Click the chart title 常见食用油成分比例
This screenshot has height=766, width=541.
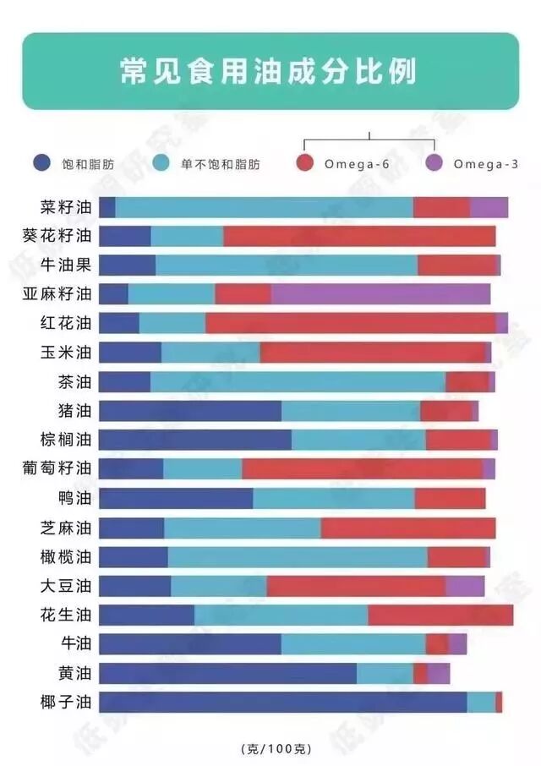[270, 71]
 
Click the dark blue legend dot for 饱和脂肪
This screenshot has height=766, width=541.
[41, 163]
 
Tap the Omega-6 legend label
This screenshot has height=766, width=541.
[356, 164]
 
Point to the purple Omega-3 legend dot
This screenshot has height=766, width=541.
[434, 163]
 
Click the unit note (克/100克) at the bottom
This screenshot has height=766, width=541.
[276, 748]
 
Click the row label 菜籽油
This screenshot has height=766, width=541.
[65, 207]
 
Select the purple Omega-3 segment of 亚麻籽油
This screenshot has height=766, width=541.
[380, 293]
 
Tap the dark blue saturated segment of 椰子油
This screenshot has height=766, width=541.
[282, 702]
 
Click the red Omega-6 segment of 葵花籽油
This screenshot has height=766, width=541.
[359, 236]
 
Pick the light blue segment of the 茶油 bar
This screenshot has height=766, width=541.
[298, 381]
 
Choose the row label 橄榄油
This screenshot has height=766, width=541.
[65, 556]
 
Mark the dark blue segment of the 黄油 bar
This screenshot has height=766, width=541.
[227, 673]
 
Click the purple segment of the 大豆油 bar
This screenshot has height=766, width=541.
[464, 586]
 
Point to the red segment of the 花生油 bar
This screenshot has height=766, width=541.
[440, 615]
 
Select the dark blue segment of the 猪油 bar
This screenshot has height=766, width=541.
[190, 411]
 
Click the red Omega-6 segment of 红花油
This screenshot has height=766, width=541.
[350, 323]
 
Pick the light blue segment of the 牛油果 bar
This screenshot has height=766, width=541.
[287, 265]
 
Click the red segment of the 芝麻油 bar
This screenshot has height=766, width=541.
[407, 528]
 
